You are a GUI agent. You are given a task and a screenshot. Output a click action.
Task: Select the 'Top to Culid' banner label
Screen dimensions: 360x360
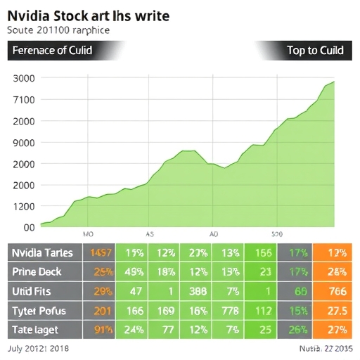[x=315, y=51]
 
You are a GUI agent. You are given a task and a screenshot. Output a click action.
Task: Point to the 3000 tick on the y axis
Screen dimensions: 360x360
[x=24, y=78]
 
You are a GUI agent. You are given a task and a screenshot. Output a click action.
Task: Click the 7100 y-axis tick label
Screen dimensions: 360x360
[x=24, y=99]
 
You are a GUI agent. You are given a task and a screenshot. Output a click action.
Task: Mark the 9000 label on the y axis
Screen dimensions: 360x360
[x=24, y=143]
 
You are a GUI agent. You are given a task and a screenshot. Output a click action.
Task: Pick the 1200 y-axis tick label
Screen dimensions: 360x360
[x=24, y=206]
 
